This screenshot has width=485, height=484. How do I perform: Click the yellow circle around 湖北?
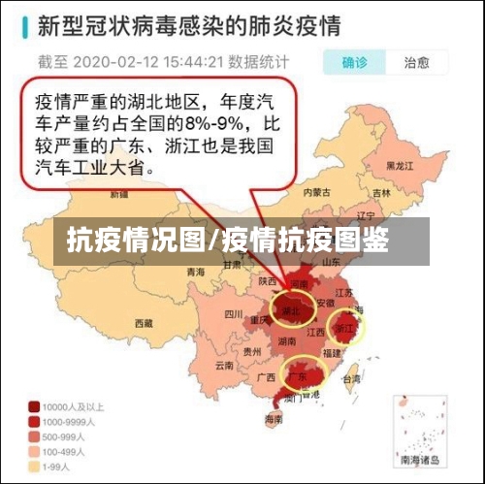pos(291,309)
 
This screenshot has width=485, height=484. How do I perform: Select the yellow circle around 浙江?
pos(346,328)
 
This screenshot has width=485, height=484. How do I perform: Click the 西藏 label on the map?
pos(144,322)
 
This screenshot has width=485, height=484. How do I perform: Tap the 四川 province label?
pos(233,314)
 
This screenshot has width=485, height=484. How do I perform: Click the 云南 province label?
pos(224,367)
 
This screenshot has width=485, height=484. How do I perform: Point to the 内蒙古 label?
pos(316,192)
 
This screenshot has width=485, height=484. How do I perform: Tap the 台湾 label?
pos(351,379)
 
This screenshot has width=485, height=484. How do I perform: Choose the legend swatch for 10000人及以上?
pos(34,406)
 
